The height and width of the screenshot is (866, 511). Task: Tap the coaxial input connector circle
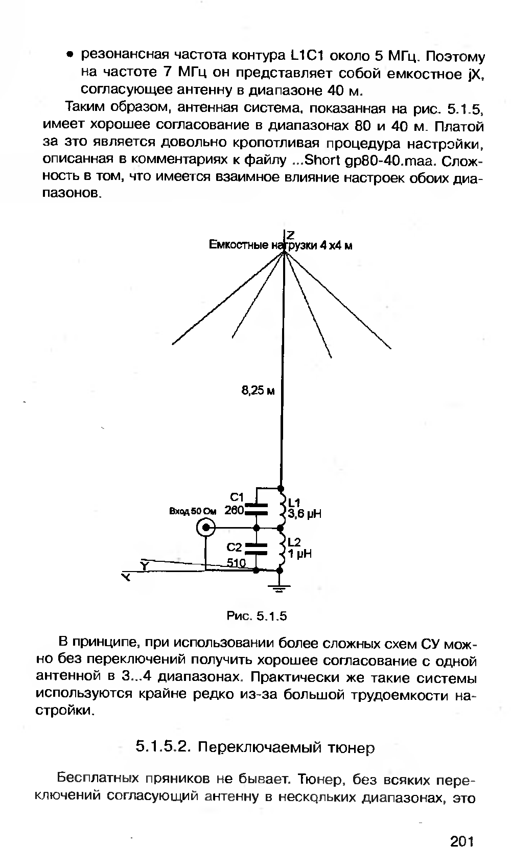pyautogui.click(x=207, y=528)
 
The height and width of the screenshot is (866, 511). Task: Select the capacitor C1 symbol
pyautogui.click(x=257, y=508)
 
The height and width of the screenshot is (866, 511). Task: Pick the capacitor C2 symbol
pyautogui.click(x=257, y=549)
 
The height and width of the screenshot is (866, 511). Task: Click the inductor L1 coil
pyautogui.click(x=281, y=507)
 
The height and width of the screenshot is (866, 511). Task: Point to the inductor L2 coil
pyautogui.click(x=281, y=549)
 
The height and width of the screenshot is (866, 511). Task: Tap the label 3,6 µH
pyautogui.click(x=305, y=514)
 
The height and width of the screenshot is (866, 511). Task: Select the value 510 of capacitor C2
pyautogui.click(x=237, y=563)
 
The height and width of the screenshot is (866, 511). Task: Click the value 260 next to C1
pyautogui.click(x=234, y=510)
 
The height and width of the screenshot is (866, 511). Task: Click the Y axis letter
pyautogui.click(x=145, y=565)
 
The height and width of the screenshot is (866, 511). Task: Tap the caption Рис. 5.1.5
pyautogui.click(x=257, y=616)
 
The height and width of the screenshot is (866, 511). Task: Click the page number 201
pyautogui.click(x=463, y=841)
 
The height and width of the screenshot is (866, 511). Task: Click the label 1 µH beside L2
pyautogui.click(x=300, y=554)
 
